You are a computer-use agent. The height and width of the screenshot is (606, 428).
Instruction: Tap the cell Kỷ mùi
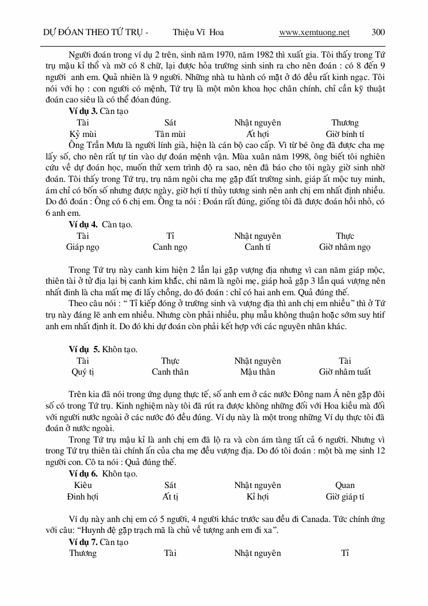tap(83, 134)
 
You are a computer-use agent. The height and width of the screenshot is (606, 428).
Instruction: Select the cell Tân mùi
tap(170, 134)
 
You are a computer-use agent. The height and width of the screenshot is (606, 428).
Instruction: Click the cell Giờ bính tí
tap(345, 134)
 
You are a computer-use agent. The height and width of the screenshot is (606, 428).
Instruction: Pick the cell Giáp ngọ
tap(83, 247)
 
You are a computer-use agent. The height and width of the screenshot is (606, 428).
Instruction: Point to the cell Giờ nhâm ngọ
tap(345, 247)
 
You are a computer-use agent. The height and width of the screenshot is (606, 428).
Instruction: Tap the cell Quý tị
tap(83, 372)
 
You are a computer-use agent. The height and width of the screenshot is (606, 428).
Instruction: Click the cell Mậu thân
tap(257, 372)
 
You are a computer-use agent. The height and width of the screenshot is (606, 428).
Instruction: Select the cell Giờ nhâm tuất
tap(345, 372)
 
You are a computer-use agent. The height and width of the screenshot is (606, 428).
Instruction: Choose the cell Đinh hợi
tap(83, 497)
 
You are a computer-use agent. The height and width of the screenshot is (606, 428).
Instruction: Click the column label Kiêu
tap(83, 485)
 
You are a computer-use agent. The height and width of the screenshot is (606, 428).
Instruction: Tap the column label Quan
tap(345, 485)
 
